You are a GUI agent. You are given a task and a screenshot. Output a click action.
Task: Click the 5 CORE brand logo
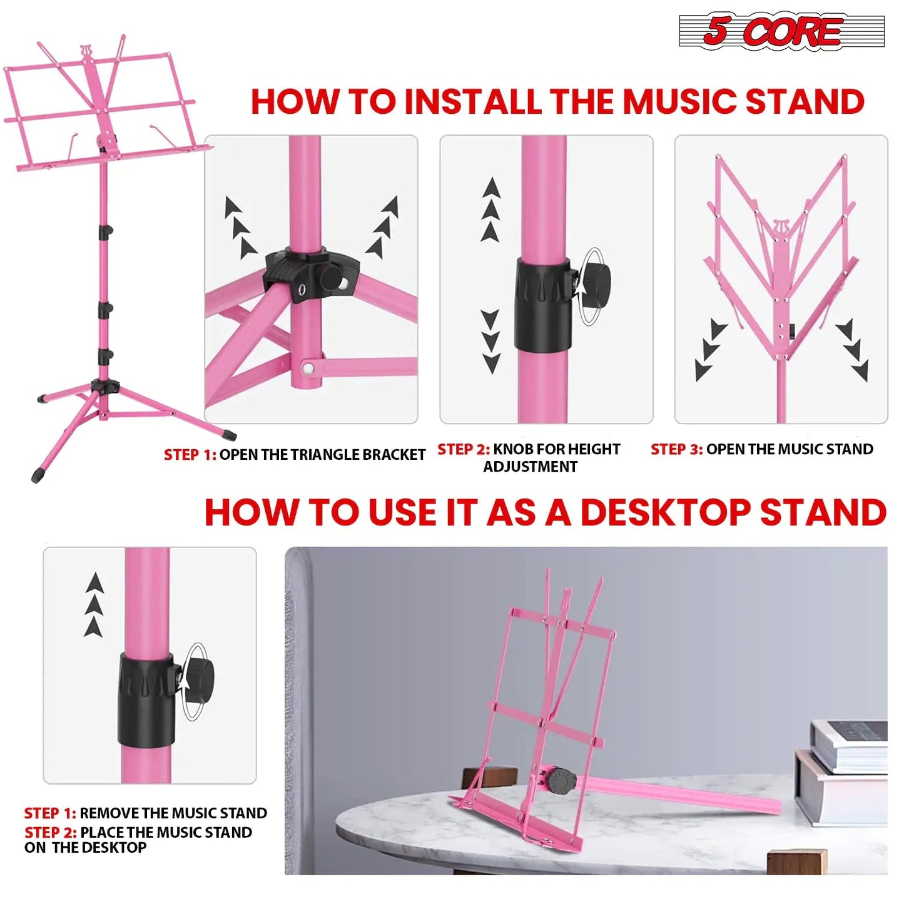[781, 31]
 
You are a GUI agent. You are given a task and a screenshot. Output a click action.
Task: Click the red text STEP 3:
[676, 449]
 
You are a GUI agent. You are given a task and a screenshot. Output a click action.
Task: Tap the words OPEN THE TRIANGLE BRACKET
[322, 455]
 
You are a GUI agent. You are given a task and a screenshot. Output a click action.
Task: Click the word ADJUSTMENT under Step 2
[530, 467]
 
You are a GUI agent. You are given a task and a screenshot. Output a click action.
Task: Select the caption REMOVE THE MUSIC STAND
[173, 813]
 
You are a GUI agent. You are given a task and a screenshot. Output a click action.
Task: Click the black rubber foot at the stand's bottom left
[37, 475]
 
